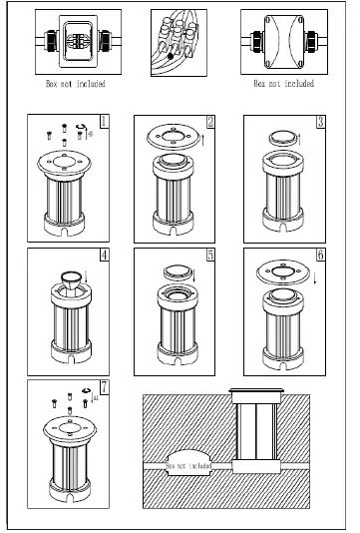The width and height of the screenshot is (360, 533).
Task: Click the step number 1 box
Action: [x=104, y=122]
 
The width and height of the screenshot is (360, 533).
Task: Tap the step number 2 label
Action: [x=210, y=122]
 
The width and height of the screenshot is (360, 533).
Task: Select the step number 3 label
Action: [x=319, y=122]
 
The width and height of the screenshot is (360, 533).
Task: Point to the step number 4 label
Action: [x=104, y=254]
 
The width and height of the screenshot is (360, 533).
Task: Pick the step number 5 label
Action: [x=210, y=254]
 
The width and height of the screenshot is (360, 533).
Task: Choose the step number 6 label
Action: [x=319, y=254]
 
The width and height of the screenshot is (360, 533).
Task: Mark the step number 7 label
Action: [x=104, y=387]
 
